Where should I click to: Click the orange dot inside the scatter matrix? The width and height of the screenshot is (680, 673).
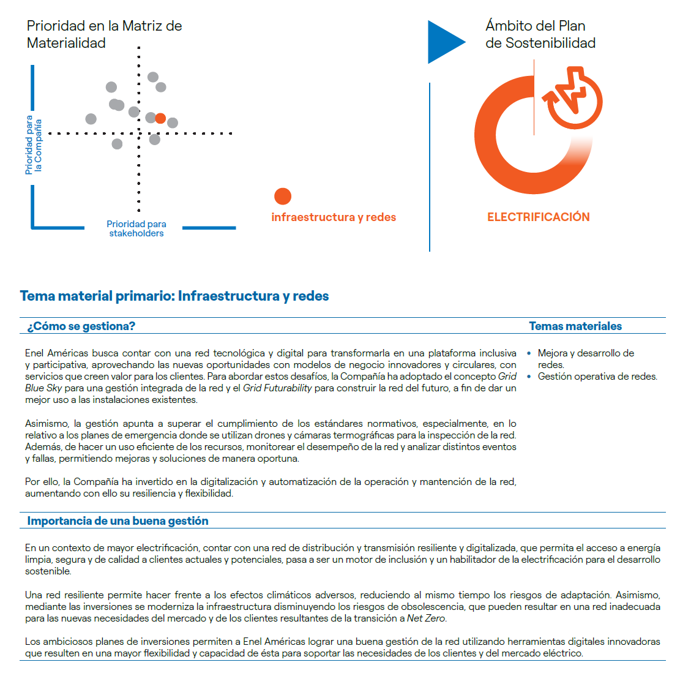[x=160, y=118]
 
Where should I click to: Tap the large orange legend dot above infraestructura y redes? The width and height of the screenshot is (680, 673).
[x=283, y=196]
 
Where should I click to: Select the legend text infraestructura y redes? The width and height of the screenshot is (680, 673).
[x=334, y=217]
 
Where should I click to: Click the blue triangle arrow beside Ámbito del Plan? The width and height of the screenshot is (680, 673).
[x=444, y=42]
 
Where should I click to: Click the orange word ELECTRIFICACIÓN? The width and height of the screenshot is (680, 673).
[x=539, y=217]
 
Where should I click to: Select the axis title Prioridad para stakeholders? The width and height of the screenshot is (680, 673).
[x=136, y=228]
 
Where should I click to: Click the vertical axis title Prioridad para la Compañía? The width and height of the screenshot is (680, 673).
[x=34, y=146]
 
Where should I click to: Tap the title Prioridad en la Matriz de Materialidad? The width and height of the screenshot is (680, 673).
[x=104, y=34]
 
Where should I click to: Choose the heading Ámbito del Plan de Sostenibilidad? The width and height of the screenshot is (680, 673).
[x=540, y=34]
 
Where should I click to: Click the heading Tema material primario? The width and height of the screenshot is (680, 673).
[x=174, y=296]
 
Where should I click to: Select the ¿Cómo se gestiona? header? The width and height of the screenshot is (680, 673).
[x=81, y=326]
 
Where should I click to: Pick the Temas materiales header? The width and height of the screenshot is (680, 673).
[x=575, y=326]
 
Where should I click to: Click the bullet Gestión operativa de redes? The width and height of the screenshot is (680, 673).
[x=597, y=377]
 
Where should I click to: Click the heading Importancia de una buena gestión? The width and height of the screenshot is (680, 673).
[x=118, y=521]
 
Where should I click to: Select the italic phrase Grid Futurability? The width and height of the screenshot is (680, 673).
[x=277, y=388]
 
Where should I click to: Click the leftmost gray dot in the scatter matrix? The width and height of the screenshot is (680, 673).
[x=91, y=119]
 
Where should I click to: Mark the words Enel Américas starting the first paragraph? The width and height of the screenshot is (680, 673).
[x=57, y=353]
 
